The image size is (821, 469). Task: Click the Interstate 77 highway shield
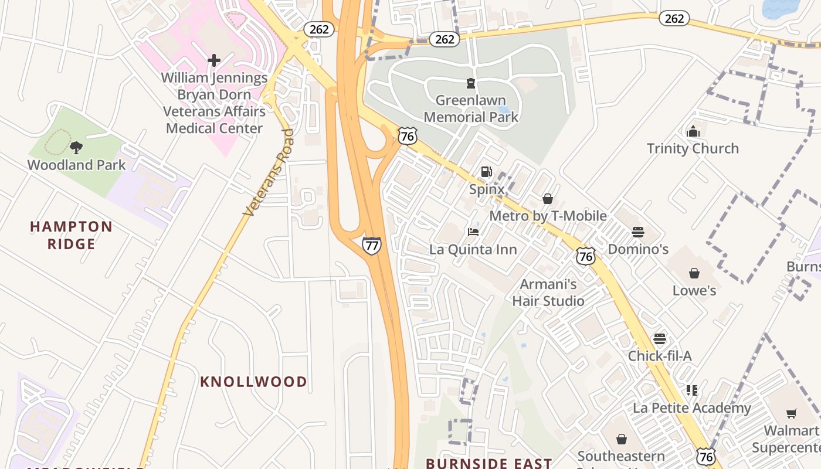[371, 245]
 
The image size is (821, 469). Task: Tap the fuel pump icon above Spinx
[486, 172]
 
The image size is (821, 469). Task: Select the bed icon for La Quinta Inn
[473, 232]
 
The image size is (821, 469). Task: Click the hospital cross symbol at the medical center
[214, 60]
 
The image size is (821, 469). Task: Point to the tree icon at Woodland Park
[76, 147]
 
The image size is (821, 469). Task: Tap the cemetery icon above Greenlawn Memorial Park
[470, 83]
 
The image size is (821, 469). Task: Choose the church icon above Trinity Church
[693, 131]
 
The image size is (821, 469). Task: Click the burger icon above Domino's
[637, 232]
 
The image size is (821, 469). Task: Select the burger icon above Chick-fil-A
[660, 339]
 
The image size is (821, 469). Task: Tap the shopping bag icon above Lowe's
[694, 273]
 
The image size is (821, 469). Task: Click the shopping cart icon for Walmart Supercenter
[791, 413]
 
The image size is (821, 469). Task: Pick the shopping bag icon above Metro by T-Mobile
[547, 199]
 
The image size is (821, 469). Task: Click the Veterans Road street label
[269, 173]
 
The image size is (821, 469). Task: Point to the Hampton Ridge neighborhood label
[71, 235]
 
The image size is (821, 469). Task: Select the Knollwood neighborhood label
[253, 382]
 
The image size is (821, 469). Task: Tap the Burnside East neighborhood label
[488, 463]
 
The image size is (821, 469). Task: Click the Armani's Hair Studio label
[548, 293]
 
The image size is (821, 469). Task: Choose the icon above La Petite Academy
[692, 390]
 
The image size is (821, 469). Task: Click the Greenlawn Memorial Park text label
[471, 108]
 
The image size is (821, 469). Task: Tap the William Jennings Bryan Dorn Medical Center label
[214, 103]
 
